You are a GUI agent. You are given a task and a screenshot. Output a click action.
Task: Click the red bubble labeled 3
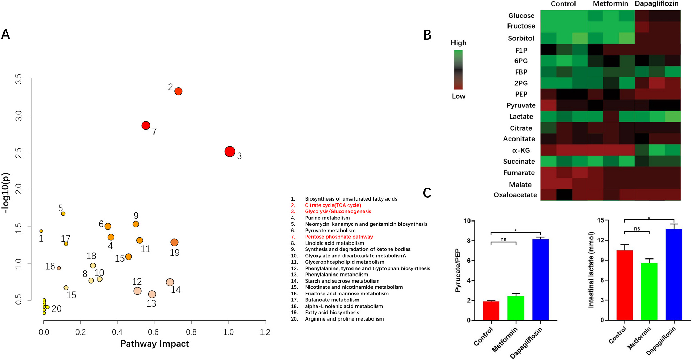coord(230,151)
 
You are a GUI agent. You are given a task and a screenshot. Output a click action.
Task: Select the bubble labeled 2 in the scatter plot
coord(178,91)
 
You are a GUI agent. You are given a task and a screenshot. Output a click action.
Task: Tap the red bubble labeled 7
coord(146,126)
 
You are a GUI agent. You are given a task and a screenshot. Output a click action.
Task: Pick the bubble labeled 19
coord(174,242)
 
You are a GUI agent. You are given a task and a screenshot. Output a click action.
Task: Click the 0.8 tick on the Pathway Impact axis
coord(191,332)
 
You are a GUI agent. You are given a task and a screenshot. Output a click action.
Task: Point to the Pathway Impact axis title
coord(155,344)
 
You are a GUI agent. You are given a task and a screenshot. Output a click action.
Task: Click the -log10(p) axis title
coord(6,193)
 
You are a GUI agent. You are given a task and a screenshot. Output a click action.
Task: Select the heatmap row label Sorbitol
coord(521,38)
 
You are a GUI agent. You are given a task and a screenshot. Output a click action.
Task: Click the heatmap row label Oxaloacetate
coord(515,195)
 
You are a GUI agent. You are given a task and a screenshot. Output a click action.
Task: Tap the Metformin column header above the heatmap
coord(610,4)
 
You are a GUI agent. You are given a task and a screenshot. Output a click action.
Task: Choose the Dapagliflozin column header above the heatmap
coord(656,4)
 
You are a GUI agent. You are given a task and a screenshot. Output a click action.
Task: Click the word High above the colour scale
coord(458,43)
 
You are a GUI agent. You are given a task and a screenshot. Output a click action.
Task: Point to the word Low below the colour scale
coord(458,96)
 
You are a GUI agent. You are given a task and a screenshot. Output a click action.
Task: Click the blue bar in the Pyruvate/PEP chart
coord(540,279)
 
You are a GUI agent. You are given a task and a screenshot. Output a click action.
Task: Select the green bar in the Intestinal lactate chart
coord(649,291)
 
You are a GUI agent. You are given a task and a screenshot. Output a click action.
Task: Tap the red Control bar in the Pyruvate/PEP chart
coord(491,311)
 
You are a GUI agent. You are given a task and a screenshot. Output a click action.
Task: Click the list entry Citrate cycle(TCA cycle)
coord(333,205)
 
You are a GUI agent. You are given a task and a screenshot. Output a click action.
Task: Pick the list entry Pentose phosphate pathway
coord(339,237)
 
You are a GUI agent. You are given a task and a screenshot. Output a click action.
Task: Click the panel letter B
coord(427,35)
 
